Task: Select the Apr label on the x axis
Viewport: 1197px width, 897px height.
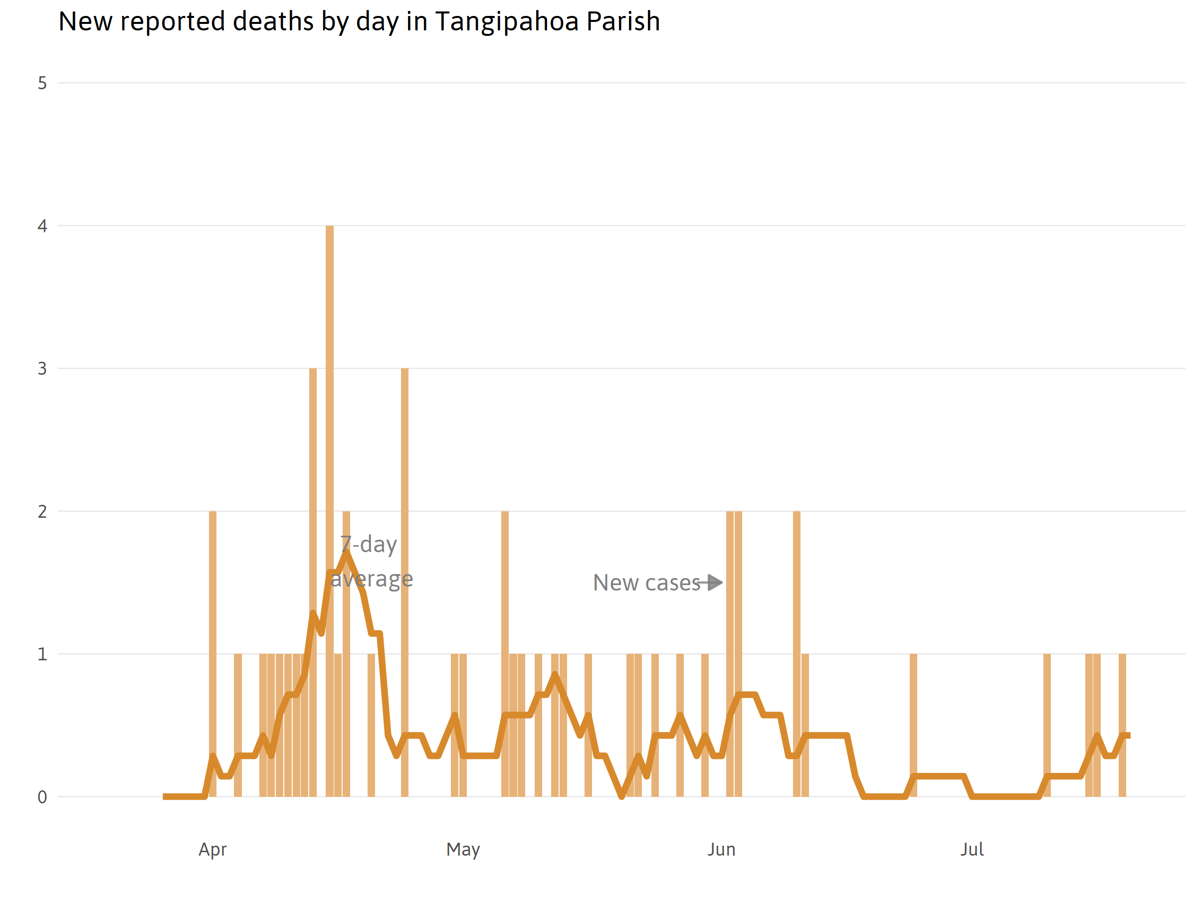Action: pyautogui.click(x=212, y=850)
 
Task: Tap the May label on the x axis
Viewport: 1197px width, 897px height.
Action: pyautogui.click(x=463, y=850)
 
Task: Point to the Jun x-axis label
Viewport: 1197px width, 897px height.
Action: pyautogui.click(x=721, y=850)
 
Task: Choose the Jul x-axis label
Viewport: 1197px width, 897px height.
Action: pyautogui.click(x=972, y=850)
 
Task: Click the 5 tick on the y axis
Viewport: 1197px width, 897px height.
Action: pyautogui.click(x=42, y=83)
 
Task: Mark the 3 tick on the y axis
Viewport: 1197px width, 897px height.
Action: pyautogui.click(x=42, y=369)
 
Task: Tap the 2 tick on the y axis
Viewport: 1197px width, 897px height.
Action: pyautogui.click(x=42, y=511)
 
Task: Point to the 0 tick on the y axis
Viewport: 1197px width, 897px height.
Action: pyautogui.click(x=42, y=797)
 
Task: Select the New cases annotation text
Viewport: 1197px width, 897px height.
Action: pyautogui.click(x=647, y=583)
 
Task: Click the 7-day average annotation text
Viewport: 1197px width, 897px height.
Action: pyautogui.click(x=371, y=561)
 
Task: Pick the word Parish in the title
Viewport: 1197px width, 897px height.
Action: pyautogui.click(x=623, y=21)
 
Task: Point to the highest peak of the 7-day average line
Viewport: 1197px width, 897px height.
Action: pyautogui.click(x=346, y=553)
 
